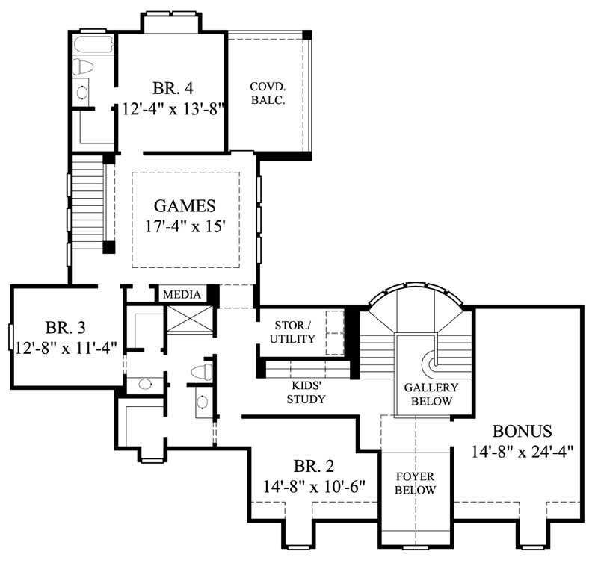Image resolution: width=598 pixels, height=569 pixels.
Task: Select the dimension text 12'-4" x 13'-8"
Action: pos(175,108)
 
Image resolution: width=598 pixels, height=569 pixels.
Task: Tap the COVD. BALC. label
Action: pos(268,93)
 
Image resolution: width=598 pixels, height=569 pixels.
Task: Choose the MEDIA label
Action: pos(182,295)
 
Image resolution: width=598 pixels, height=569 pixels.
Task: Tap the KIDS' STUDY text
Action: pos(307,393)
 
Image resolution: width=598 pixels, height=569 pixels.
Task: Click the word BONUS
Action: pos(522,431)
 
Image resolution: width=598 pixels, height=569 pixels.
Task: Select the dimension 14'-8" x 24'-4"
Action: pos(522,451)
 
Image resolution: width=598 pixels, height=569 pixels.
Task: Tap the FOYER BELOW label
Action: pos(415,483)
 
